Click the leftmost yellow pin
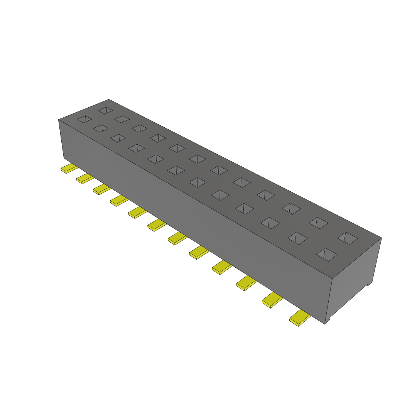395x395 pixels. pos(68,169)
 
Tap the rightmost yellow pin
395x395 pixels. pos(300,318)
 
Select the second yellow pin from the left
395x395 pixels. pos(84,179)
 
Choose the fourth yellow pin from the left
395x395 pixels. pos(119,201)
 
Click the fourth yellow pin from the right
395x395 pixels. pos(221,267)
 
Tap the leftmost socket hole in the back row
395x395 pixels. pos(105,110)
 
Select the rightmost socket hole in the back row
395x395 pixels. pos(348,238)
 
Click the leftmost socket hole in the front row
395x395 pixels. pos(84,119)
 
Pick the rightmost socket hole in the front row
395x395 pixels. pos(327,253)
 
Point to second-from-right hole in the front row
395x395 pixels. pos(297,238)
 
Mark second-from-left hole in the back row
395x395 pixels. pos(122,119)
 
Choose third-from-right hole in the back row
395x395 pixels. pos(291,208)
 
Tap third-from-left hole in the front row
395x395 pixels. pos(118,138)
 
